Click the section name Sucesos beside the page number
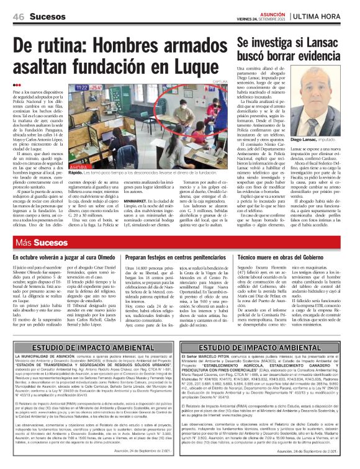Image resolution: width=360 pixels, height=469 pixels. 47,15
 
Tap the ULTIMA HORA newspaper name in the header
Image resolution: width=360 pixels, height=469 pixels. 323,15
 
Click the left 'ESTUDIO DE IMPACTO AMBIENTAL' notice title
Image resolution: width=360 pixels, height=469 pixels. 89,348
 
